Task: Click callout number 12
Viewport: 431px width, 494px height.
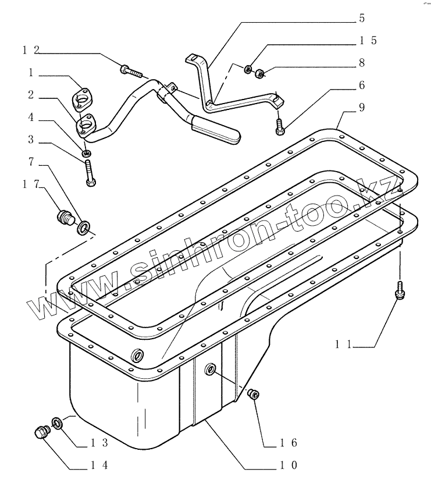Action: (x=31, y=51)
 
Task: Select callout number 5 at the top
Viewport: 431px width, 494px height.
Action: (x=362, y=19)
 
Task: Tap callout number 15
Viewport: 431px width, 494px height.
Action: (x=367, y=40)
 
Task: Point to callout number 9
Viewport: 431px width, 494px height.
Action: (x=362, y=108)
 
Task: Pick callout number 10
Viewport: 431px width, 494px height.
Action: (x=290, y=465)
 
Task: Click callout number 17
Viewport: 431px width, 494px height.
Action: (x=31, y=184)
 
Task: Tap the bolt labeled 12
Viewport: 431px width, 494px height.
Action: (x=131, y=72)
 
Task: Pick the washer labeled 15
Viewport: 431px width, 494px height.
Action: (x=248, y=70)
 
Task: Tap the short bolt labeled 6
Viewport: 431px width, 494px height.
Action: (x=280, y=126)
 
